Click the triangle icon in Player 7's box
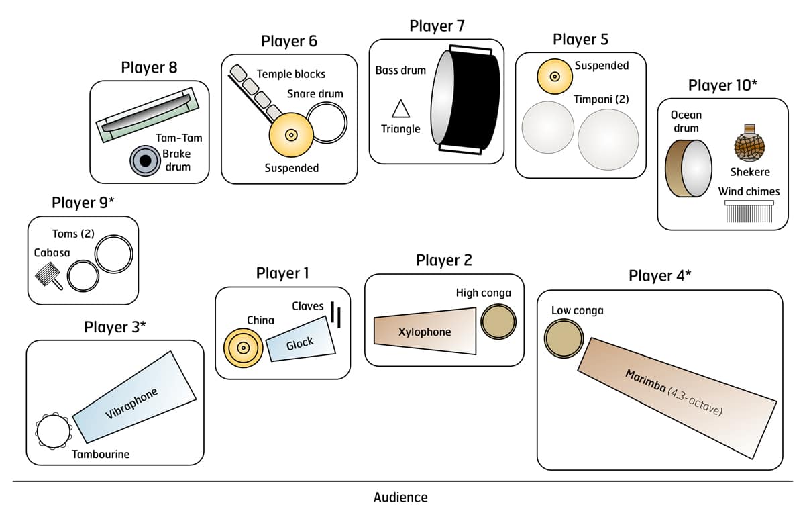click(x=400, y=109)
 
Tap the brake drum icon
click(x=144, y=161)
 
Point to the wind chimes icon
click(x=749, y=211)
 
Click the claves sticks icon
click(x=337, y=314)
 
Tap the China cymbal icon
click(x=243, y=347)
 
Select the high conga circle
click(x=498, y=322)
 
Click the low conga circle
click(x=563, y=338)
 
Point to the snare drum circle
click(x=327, y=122)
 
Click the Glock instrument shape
click(x=301, y=344)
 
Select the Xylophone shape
click(x=425, y=331)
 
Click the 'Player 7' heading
click(x=437, y=26)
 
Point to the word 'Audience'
click(x=400, y=498)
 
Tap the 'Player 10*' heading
click(x=722, y=86)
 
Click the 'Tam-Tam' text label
click(x=178, y=138)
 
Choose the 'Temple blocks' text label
click(x=290, y=74)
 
